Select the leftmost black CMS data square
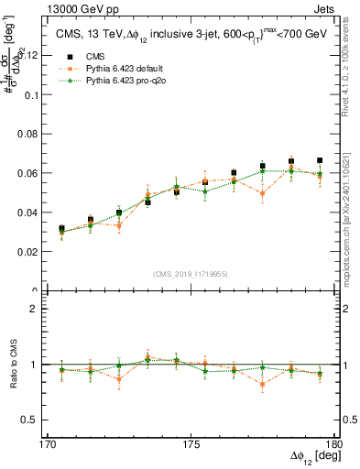(61, 228)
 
